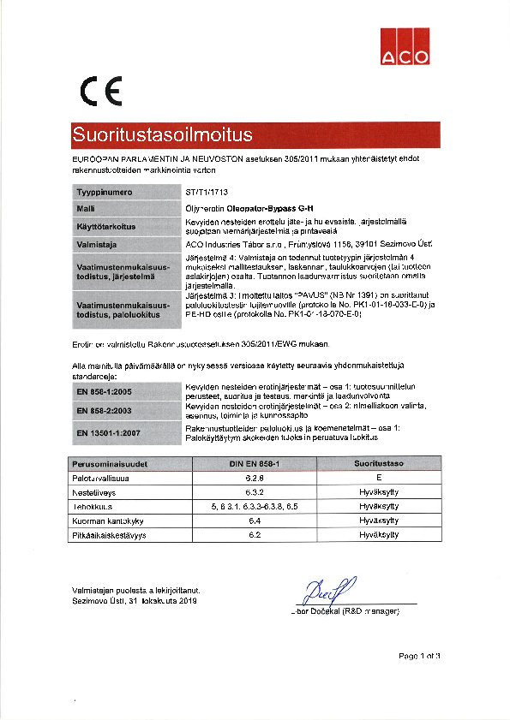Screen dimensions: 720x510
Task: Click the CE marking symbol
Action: [x=100, y=90]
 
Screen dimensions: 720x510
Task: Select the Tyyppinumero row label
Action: [x=104, y=193]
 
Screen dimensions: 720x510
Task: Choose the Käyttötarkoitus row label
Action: [x=107, y=226]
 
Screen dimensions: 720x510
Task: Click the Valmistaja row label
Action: [x=98, y=243]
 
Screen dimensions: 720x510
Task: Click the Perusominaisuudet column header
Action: [x=111, y=463]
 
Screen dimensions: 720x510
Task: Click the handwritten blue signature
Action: [x=325, y=592]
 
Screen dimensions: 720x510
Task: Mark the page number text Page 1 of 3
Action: [x=418, y=656]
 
